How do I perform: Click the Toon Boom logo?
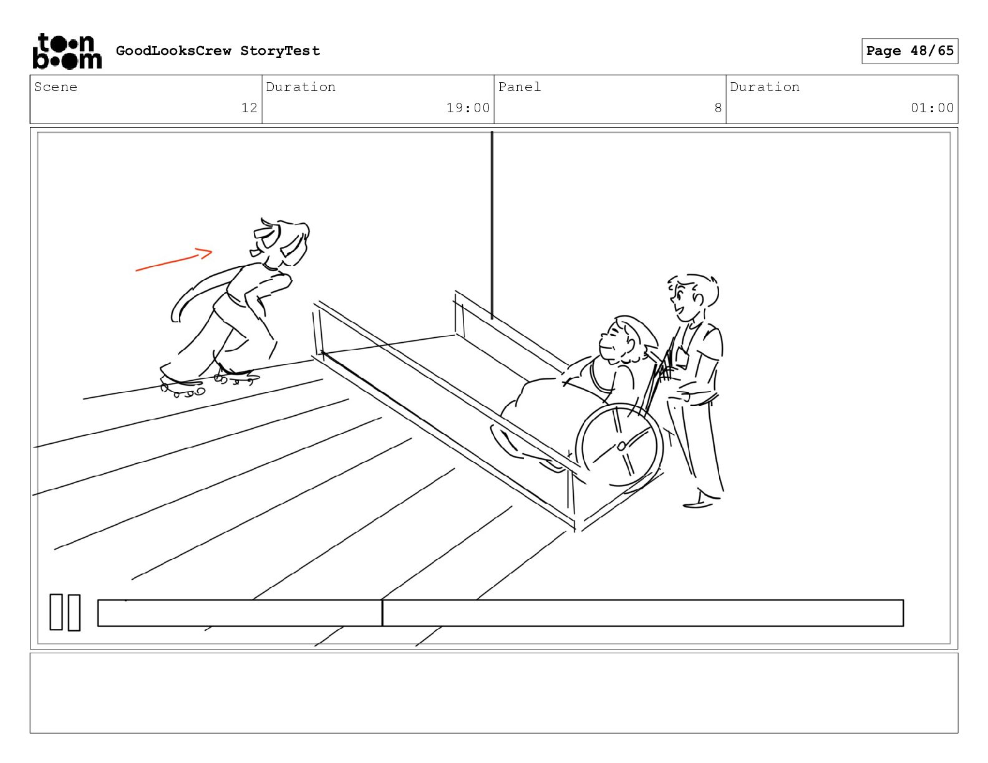point(67,51)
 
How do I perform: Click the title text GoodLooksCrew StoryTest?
point(218,50)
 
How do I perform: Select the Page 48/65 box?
point(909,51)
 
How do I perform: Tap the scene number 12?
point(249,108)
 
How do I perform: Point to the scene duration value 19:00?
point(468,108)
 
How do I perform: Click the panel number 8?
point(718,108)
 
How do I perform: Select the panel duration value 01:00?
point(932,108)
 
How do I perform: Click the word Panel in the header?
point(519,87)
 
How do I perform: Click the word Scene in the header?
point(56,87)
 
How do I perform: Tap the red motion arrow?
point(174,259)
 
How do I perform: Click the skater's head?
point(279,243)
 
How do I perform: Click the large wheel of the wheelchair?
point(619,445)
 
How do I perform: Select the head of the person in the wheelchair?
point(626,341)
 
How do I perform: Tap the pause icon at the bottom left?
point(65,612)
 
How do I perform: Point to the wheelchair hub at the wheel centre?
point(621,446)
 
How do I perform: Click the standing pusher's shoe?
point(698,504)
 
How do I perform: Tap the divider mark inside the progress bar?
point(382,613)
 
